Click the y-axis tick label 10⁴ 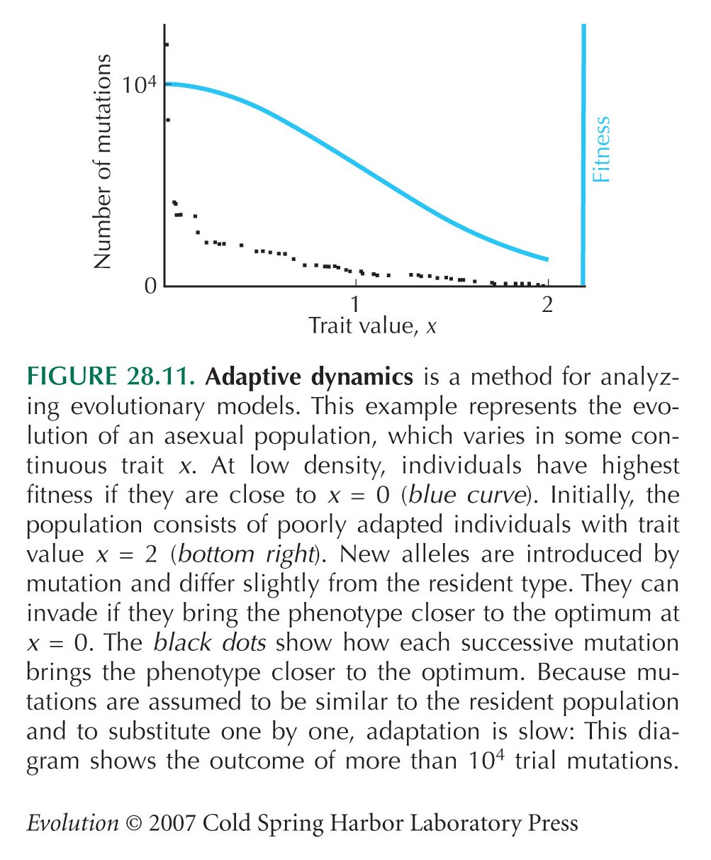tap(140, 85)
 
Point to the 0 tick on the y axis tap(151, 286)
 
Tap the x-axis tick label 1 tap(354, 304)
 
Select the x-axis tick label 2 tap(547, 304)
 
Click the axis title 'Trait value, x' tap(372, 326)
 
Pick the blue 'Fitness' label tap(600, 149)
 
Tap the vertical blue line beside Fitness tap(583, 155)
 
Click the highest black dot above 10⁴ tap(167, 45)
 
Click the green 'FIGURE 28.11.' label tap(111, 376)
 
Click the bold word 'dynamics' tap(362, 377)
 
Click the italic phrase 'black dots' tap(210, 642)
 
